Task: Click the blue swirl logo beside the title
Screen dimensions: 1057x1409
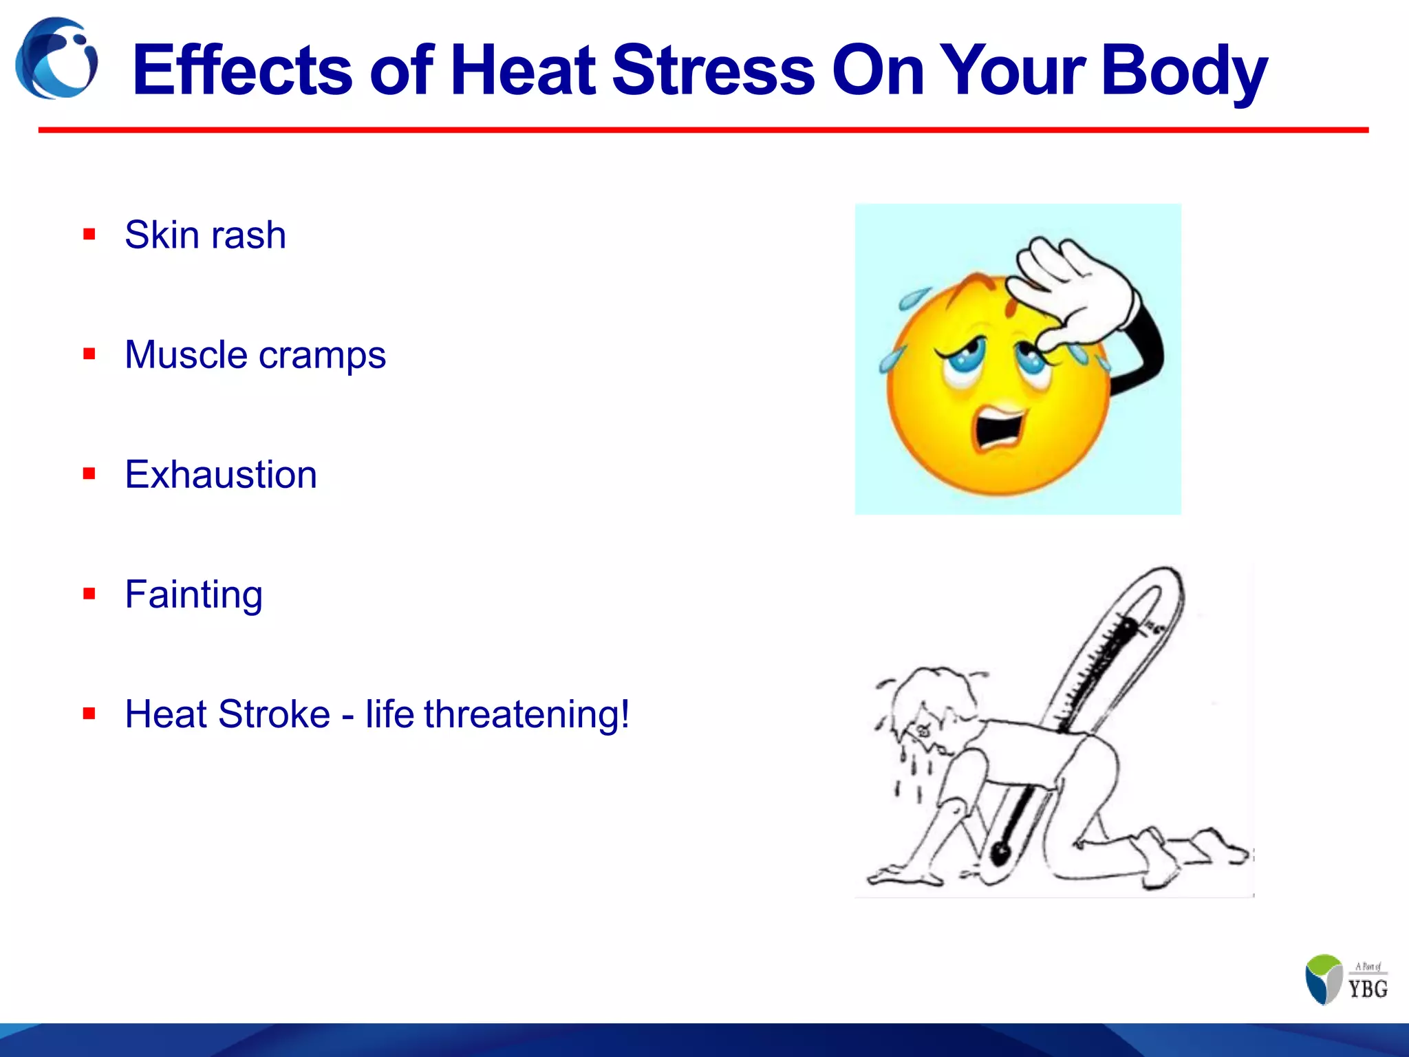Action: point(56,59)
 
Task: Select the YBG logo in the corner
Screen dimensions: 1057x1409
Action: point(1345,979)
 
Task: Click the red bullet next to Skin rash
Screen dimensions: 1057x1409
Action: point(89,235)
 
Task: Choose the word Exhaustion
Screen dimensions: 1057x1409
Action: point(221,475)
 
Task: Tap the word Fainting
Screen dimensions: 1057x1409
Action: point(194,595)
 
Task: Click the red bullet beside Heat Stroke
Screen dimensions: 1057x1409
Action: point(89,714)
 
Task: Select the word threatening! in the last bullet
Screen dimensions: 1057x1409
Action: point(526,714)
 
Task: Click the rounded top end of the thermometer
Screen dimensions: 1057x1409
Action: point(1163,581)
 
